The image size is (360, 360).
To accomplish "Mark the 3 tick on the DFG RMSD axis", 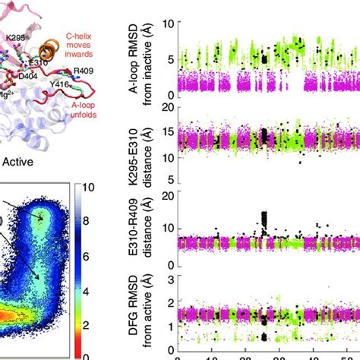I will click(165, 280).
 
